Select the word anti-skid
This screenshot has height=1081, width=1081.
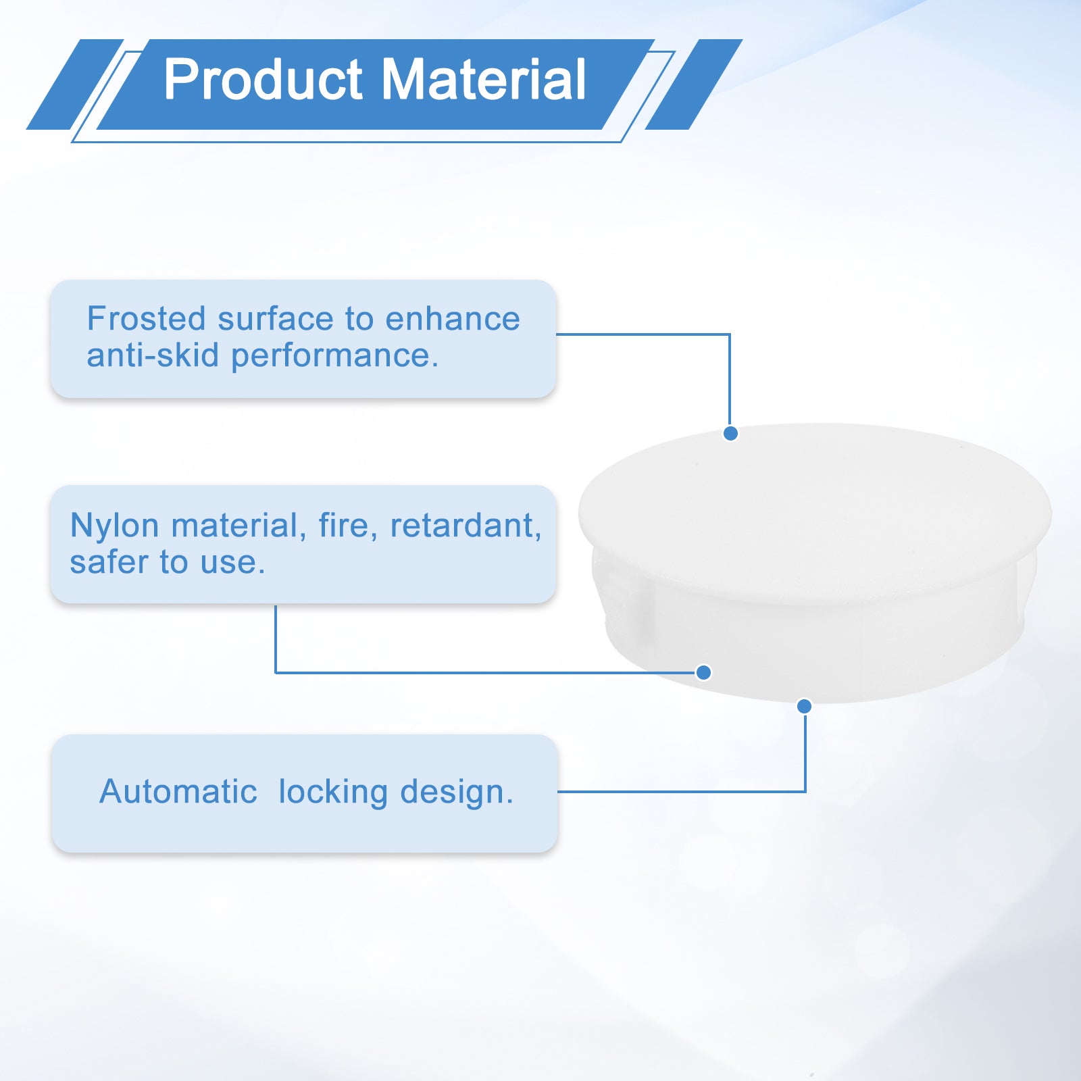(x=153, y=355)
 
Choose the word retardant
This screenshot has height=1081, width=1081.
(x=466, y=526)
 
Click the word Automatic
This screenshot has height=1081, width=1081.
(x=178, y=791)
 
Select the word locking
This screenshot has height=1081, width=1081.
(x=333, y=793)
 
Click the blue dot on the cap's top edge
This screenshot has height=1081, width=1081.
(x=730, y=434)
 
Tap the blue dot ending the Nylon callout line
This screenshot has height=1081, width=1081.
(x=703, y=672)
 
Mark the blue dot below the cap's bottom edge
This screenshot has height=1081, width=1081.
(x=804, y=706)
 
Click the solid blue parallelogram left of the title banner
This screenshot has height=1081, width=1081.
(x=75, y=84)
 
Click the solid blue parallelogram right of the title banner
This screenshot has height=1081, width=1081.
(x=694, y=84)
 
